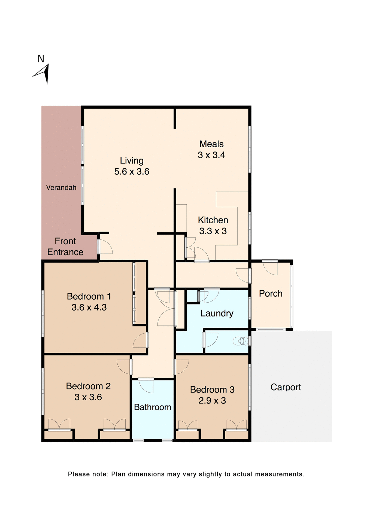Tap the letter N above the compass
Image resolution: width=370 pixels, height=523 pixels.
click(41, 59)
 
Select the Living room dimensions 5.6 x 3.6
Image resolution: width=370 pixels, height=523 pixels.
click(132, 172)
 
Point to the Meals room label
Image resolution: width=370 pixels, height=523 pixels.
click(211, 144)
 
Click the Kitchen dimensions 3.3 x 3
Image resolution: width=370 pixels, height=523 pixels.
click(213, 231)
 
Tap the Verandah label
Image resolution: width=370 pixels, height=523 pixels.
click(61, 187)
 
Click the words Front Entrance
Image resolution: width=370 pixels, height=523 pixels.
click(65, 247)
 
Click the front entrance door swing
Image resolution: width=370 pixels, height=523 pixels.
click(105, 247)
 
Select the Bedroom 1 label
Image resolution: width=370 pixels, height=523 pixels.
click(89, 296)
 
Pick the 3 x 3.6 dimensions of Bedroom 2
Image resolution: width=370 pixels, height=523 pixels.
click(88, 397)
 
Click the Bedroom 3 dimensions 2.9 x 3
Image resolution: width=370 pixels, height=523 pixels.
click(212, 400)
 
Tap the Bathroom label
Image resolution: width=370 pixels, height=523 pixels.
click(153, 407)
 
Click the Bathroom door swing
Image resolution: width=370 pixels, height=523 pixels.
click(146, 386)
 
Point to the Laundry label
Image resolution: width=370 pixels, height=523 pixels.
click(217, 313)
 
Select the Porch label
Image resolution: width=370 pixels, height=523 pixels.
click(271, 293)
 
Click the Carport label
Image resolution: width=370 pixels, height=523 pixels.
click(286, 387)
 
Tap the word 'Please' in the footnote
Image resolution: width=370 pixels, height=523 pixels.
click(78, 474)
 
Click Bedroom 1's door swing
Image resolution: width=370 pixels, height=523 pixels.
click(140, 340)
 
